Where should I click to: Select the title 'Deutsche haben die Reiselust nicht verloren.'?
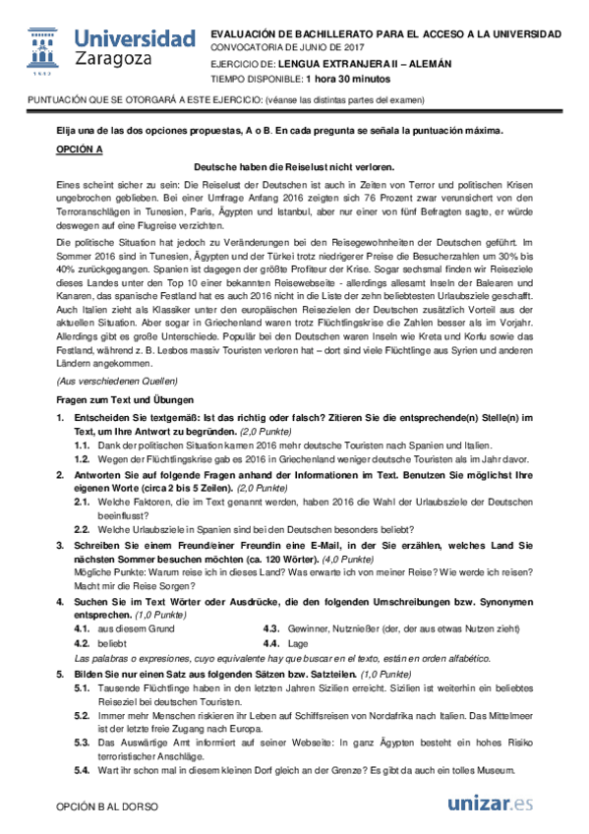coord(294,166)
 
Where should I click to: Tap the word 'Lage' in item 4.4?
coord(299,643)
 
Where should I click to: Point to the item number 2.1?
coord(84,501)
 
